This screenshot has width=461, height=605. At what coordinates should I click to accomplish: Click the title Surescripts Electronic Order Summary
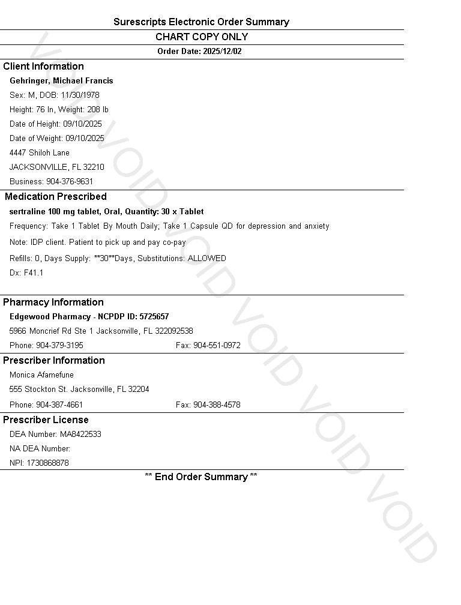[x=201, y=22]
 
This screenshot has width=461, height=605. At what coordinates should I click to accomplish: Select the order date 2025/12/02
[x=222, y=52]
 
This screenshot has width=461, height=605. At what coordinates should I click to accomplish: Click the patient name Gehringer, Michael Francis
[x=61, y=81]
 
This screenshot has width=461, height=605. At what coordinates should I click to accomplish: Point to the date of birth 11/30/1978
[x=80, y=95]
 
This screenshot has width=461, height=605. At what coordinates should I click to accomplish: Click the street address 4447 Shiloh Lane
[x=40, y=153]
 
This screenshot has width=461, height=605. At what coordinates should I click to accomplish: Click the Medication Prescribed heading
[x=56, y=197]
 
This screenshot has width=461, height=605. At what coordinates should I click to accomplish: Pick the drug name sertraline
[x=28, y=212]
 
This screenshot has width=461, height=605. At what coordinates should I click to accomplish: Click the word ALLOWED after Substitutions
[x=207, y=259]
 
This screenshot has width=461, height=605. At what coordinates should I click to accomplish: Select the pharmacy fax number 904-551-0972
[x=217, y=346]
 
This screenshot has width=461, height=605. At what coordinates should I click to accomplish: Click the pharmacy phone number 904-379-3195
[x=59, y=346]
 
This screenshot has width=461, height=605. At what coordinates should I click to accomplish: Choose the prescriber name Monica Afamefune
[x=41, y=375]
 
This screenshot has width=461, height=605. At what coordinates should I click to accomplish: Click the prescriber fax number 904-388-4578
[x=217, y=405]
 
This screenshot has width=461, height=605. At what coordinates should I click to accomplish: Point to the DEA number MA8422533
[x=80, y=435]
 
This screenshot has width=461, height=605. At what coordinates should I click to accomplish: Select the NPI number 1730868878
[x=47, y=463]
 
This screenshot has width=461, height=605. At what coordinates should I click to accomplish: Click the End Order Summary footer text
[x=201, y=477]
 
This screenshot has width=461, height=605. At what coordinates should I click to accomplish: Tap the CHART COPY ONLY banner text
[x=202, y=37]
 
